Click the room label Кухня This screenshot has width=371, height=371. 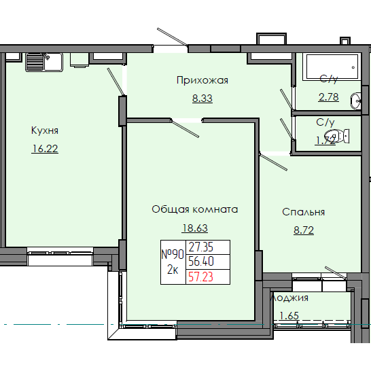pyautogui.click(x=44, y=130)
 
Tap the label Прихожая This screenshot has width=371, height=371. pyautogui.click(x=202, y=80)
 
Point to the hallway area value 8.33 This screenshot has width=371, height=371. pyautogui.click(x=202, y=98)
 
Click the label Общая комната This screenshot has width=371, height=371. pyautogui.click(x=194, y=209)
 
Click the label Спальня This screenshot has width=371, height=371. pyautogui.click(x=304, y=212)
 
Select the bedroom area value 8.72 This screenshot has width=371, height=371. pyautogui.click(x=304, y=230)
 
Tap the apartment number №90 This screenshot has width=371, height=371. pyautogui.click(x=173, y=255)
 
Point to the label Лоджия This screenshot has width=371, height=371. pyautogui.click(x=289, y=298)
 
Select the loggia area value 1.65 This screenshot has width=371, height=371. pyautogui.click(x=289, y=315)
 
